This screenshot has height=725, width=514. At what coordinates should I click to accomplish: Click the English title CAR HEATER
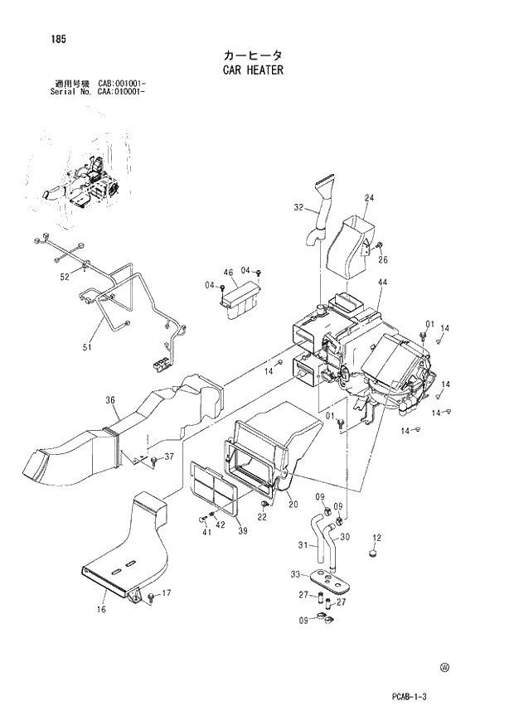point(253,70)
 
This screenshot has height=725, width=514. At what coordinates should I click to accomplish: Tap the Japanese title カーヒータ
point(253,55)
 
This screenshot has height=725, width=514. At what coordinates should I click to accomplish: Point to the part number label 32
point(299,209)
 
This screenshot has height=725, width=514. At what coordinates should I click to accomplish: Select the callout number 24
point(369,197)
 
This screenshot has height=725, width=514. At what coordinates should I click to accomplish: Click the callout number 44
point(382,283)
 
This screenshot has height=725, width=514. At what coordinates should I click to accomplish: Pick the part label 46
point(229,273)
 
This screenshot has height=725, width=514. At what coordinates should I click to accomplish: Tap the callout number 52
point(64,277)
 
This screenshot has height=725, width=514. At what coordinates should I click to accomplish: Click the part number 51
point(86,349)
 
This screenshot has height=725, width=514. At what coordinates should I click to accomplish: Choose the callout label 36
point(109,401)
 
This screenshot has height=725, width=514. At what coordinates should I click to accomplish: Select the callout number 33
point(295,575)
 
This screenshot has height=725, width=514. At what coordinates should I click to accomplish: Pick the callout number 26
point(383,259)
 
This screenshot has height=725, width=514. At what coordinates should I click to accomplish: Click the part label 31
point(303,545)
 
